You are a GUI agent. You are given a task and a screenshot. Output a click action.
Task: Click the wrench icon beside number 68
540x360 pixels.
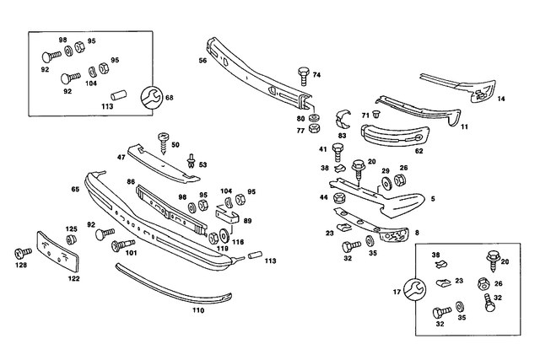coord(151,97)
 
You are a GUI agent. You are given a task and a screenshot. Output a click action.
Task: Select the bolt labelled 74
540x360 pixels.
coord(303,75)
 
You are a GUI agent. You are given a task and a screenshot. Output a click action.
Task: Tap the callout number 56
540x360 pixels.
coord(202,61)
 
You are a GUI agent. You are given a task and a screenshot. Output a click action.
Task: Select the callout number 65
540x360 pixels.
coord(75,191)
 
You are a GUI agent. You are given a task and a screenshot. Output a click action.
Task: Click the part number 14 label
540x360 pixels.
coord(501,99)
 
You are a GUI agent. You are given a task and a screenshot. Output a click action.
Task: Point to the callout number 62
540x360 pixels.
coord(418,152)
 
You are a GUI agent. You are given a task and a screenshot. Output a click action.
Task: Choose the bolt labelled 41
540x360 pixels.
coord(337,151)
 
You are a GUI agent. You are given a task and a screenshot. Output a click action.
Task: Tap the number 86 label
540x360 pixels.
coord(131,181)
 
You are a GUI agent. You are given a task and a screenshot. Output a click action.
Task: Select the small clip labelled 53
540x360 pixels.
coord(192,159)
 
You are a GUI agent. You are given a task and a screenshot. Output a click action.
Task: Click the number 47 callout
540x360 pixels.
coord(121,158)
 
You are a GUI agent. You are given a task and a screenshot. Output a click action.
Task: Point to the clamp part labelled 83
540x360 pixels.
coord(343,118)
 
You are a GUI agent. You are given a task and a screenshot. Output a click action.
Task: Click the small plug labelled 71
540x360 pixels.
coord(376,113)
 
